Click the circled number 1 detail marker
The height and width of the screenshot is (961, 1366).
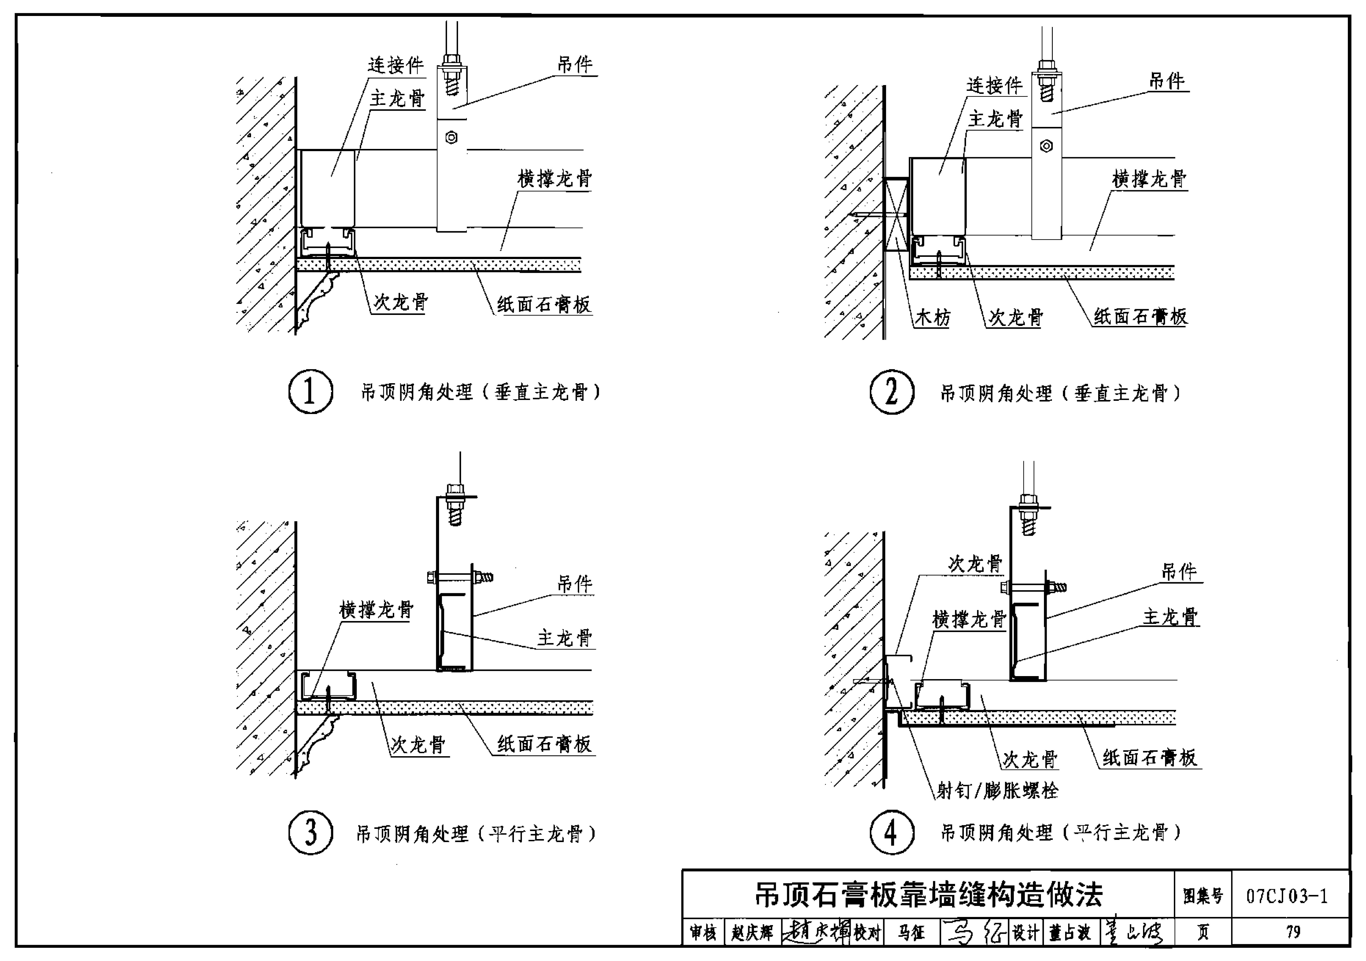click(x=311, y=391)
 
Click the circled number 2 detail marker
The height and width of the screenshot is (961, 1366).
click(x=891, y=391)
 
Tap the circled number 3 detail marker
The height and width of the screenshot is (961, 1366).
click(x=311, y=832)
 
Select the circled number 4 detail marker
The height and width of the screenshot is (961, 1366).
click(x=891, y=832)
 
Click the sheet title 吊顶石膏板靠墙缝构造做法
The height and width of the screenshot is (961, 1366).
click(x=928, y=894)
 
